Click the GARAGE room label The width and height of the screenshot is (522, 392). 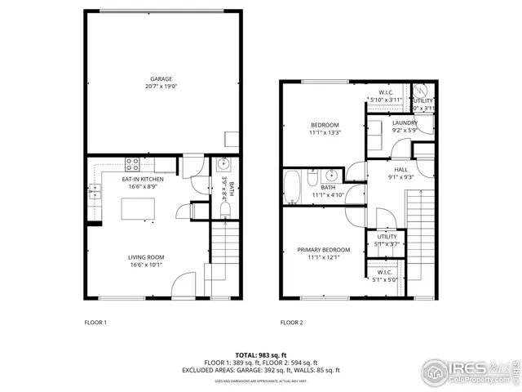coord(161,79)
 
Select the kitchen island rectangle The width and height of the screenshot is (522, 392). coord(139,210)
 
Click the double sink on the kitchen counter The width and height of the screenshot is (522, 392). coord(95,193)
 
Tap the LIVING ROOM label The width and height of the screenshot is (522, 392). coord(145,257)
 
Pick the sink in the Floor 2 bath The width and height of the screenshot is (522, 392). coord(332,175)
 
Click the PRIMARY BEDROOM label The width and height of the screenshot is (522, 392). coord(324,250)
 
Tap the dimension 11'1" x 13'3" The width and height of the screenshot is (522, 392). coord(324,132)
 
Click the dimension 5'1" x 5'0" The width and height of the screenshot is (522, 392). coord(386,279)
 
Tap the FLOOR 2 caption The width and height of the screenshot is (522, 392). coord(291,323)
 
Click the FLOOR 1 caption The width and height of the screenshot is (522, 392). coord(95,323)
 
